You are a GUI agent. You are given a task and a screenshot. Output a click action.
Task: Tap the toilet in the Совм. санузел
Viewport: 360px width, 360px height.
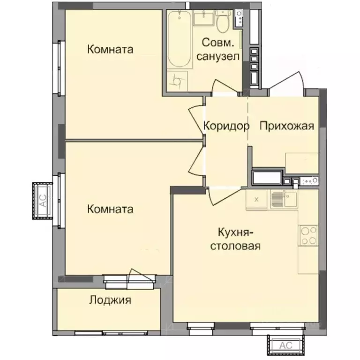pyautogui.click(x=223, y=21)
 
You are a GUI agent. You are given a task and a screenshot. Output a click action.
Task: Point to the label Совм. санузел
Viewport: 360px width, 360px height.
pyautogui.click(x=218, y=50)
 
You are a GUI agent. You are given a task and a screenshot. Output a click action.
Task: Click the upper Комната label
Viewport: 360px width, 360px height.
pyautogui.click(x=110, y=49)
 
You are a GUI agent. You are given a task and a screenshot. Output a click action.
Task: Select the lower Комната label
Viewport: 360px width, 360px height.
pyautogui.click(x=110, y=209)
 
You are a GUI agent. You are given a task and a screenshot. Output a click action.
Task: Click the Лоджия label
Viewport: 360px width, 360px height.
pyautogui.click(x=110, y=300)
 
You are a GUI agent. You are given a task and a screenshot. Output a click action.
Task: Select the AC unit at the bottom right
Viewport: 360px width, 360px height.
pyautogui.click(x=285, y=345)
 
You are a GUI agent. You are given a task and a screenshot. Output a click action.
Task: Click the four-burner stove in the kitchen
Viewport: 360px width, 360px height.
pyautogui.click(x=308, y=236)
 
